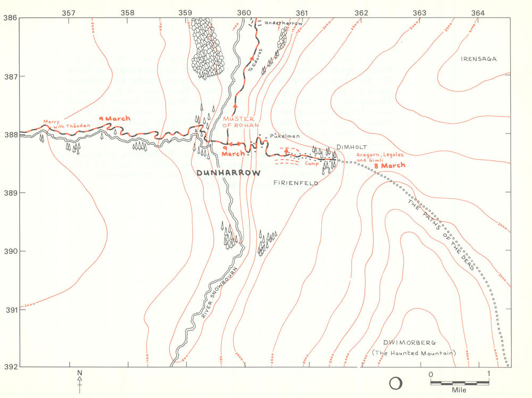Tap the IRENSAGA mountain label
tap(478, 59)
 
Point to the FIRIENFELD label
tap(295, 183)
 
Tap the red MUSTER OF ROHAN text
tap(240, 122)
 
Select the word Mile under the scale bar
tap(459, 390)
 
